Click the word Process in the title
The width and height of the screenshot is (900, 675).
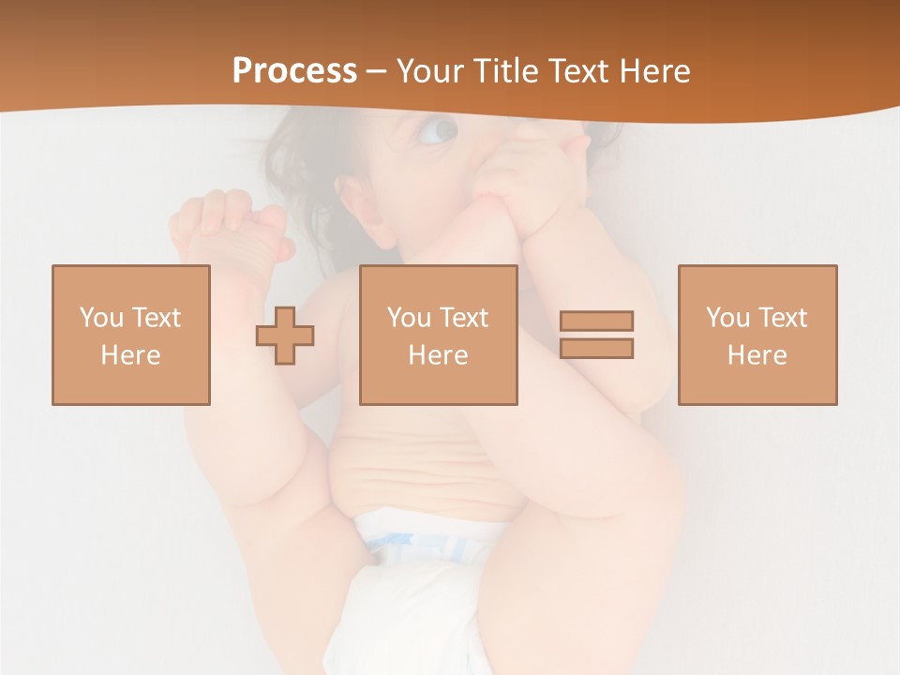294,71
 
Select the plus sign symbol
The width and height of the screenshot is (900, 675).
285,336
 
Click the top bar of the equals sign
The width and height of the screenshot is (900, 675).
596,321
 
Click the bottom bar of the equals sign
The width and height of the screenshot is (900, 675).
596,348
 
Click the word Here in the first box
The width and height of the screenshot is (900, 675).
130,355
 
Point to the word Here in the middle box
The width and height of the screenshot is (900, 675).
438,355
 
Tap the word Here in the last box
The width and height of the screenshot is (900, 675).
757,355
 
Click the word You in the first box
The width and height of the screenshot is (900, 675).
101,318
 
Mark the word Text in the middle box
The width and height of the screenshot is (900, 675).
463,318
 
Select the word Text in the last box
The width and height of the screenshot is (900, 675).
782,318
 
